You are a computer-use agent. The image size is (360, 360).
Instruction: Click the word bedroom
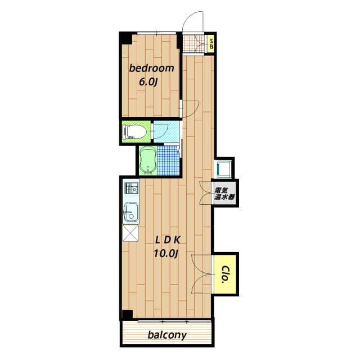(151, 68)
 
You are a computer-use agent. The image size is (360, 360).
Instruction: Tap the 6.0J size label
(148, 82)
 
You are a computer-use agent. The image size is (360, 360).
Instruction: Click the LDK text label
(168, 240)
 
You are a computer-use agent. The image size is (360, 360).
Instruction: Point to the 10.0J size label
(166, 254)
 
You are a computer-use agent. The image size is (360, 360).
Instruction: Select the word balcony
(167, 335)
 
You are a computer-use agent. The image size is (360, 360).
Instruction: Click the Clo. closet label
(225, 274)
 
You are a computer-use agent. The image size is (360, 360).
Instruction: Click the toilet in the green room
(135, 132)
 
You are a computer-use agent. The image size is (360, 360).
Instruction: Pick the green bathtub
(148, 160)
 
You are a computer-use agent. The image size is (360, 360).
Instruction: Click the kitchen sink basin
(131, 212)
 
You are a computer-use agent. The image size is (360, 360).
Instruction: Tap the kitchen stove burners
(131, 188)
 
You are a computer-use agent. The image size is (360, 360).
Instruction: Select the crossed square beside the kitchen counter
(130, 233)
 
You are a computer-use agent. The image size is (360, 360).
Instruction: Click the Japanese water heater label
(224, 193)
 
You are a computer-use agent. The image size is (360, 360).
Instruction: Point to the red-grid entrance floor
(193, 44)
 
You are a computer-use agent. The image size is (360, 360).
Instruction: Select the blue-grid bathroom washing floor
(168, 160)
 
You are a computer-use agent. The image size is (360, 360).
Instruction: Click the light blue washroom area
(166, 132)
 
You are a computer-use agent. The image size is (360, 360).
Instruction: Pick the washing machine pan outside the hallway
(223, 169)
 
